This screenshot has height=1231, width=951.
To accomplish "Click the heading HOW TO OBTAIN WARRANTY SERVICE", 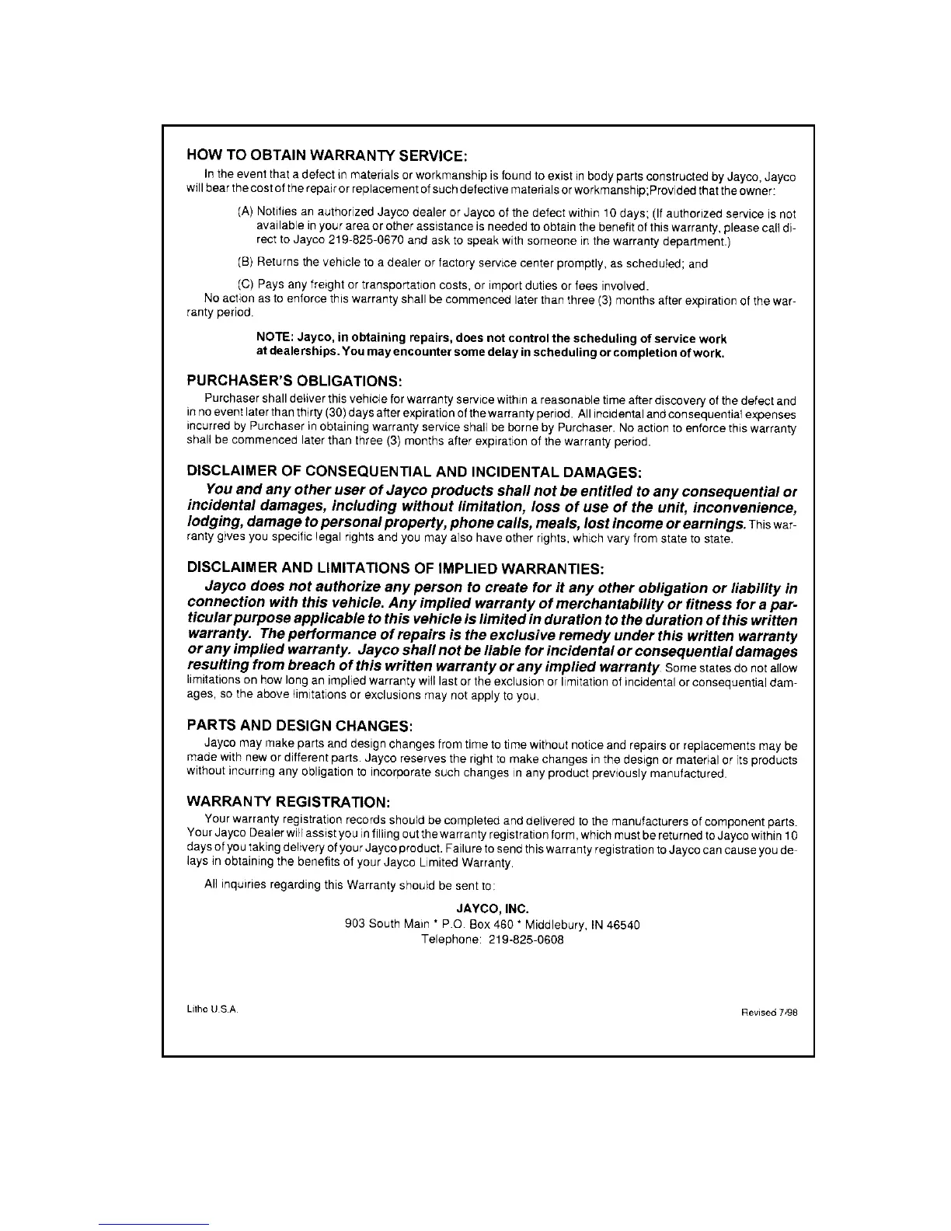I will pos(327,155).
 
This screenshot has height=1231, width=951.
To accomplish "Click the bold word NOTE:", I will pos(274,338).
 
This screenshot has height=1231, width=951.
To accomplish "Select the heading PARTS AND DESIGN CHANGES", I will pos(299,726).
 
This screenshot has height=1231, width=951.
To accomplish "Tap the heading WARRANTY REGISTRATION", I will pos(288,800).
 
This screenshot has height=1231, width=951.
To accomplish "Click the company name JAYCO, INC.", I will pos(492,908).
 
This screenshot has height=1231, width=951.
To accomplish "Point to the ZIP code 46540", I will pos(624,924).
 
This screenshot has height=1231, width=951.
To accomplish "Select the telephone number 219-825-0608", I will pos(526,940).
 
